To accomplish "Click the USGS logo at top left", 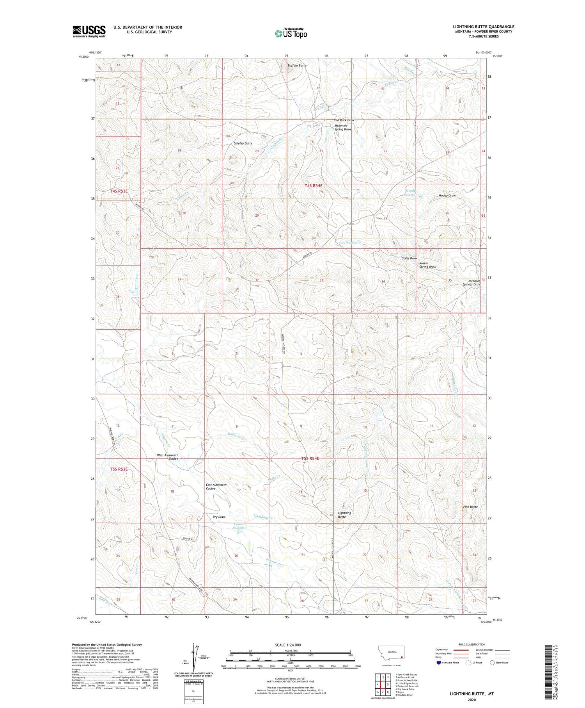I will click(89, 31).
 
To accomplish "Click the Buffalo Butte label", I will click(297, 66).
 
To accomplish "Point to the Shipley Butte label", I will click(243, 143).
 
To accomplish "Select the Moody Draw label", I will click(447, 196).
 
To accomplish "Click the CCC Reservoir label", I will click(350, 243).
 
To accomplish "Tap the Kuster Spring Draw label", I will click(427, 265).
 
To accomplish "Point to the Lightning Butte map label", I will click(344, 515).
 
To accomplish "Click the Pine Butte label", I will click(470, 507).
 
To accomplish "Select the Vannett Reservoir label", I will click(240, 526).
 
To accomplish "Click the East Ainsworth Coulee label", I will click(216, 487).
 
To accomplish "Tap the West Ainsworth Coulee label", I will click(168, 457).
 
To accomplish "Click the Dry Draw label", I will click(219, 517).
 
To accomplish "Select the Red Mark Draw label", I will click(344, 120).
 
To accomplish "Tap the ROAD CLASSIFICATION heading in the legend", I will click(472, 644).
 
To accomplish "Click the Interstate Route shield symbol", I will click(439, 662).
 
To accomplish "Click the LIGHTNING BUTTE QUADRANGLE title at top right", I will click(478, 27).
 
